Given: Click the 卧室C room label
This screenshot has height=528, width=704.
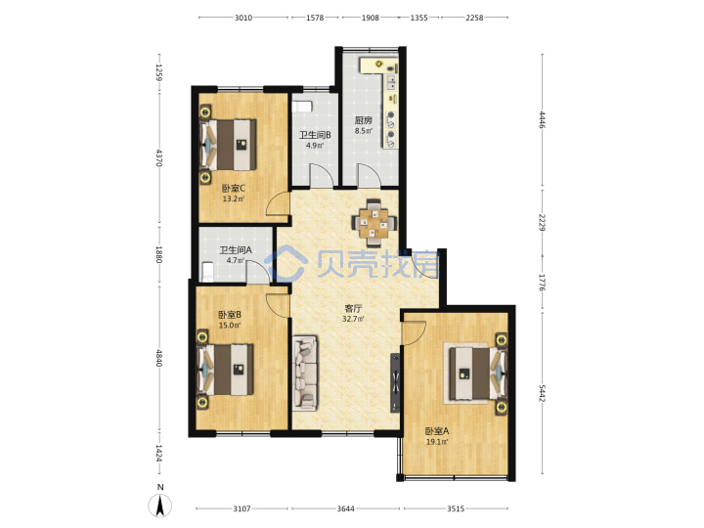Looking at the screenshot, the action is pos(234,188).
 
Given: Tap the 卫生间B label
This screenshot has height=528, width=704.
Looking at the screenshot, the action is pos(315,135).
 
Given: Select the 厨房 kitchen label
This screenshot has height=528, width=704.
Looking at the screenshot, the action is pos(363,120).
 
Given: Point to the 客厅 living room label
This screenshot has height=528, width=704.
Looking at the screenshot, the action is pos(353,308).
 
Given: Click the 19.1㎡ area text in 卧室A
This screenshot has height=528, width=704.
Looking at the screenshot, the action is pos(437,442).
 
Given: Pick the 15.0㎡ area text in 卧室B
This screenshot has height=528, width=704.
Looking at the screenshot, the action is pos(230,325).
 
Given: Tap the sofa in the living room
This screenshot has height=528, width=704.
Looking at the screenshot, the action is pos(305,373).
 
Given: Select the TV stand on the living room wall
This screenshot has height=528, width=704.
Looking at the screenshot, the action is pos(395,382).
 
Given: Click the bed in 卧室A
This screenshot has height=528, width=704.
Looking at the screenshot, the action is pos(475,374).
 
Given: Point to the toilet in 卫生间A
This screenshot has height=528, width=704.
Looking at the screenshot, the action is pos(207,272).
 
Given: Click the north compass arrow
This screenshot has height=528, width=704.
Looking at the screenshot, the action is pos(159,506).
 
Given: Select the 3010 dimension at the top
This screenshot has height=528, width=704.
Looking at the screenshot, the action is pos(243,18).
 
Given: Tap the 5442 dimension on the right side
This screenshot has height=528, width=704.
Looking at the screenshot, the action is pos(542,393).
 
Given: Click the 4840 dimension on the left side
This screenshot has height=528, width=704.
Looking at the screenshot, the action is pos(158,358).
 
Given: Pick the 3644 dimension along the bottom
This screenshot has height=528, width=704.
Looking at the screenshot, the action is pos(346,508).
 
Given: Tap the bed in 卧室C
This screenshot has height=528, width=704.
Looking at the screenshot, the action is pos(228,145).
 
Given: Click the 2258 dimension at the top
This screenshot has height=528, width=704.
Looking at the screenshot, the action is pos(474,18).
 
